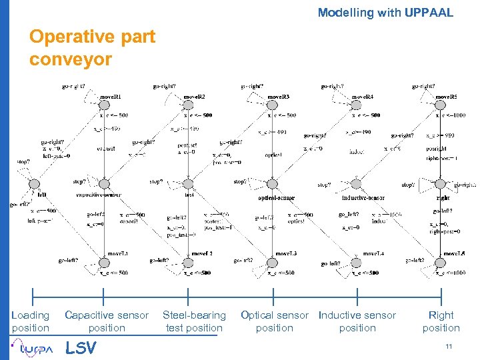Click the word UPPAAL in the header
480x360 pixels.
[x=429, y=12]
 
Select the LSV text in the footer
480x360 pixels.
[x=81, y=348]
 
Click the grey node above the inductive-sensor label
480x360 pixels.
[x=357, y=183]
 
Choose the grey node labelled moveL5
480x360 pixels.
[x=441, y=261]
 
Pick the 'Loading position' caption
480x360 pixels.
[x=31, y=321]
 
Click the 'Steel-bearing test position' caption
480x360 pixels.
[x=194, y=321]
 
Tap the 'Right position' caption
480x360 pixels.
[x=441, y=321]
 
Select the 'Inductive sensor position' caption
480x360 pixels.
[x=357, y=321]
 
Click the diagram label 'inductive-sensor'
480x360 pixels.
[x=364, y=197]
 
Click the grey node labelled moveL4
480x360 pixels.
[x=357, y=261]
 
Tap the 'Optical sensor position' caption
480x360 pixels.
[x=275, y=321]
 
